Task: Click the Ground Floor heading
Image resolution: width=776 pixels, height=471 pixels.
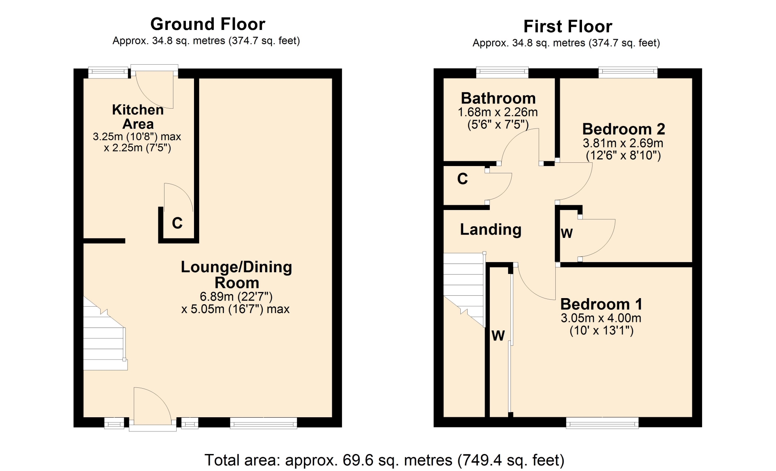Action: tap(208, 24)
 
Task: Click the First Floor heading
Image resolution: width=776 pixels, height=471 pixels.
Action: tap(568, 27)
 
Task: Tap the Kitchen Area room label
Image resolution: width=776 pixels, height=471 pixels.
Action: tap(138, 117)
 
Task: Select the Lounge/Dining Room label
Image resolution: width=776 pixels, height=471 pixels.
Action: tap(236, 275)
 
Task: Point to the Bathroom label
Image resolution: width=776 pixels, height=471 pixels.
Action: tap(498, 98)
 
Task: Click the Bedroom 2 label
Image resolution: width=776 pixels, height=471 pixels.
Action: tap(624, 129)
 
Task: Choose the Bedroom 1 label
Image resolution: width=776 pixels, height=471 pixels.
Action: tap(601, 304)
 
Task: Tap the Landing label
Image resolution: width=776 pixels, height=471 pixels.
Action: tap(491, 229)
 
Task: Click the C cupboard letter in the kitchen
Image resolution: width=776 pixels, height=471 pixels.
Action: tap(177, 223)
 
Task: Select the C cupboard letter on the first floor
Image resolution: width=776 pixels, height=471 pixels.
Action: tap(462, 179)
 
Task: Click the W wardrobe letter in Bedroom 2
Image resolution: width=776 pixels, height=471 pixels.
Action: tap(567, 233)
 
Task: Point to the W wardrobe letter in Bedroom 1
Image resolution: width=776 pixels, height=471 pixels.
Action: tap(498, 336)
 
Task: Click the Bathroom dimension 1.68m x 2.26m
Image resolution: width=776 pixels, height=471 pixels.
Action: tap(498, 112)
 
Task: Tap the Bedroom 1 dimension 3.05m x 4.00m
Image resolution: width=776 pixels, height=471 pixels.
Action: tap(601, 318)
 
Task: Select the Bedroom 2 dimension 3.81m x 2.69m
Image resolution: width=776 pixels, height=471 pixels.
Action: tap(623, 143)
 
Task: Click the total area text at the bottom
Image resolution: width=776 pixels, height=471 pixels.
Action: tap(384, 460)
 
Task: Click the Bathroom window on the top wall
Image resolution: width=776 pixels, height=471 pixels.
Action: tap(502, 72)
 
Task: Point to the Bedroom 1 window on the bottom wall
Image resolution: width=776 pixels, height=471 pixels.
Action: tap(602, 423)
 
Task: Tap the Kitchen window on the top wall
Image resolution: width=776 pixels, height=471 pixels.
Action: tap(108, 72)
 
